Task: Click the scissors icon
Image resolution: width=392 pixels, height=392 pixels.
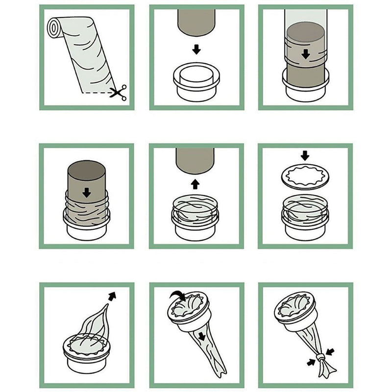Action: point(118,93)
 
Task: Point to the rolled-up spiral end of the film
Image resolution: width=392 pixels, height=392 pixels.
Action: point(55,26)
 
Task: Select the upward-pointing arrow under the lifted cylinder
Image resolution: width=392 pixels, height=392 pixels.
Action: point(196,184)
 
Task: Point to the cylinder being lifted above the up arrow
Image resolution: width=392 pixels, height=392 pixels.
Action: point(196,159)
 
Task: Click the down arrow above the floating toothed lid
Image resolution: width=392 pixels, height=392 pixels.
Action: point(305,156)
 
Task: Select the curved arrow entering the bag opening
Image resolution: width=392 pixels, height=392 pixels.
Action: point(177,295)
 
